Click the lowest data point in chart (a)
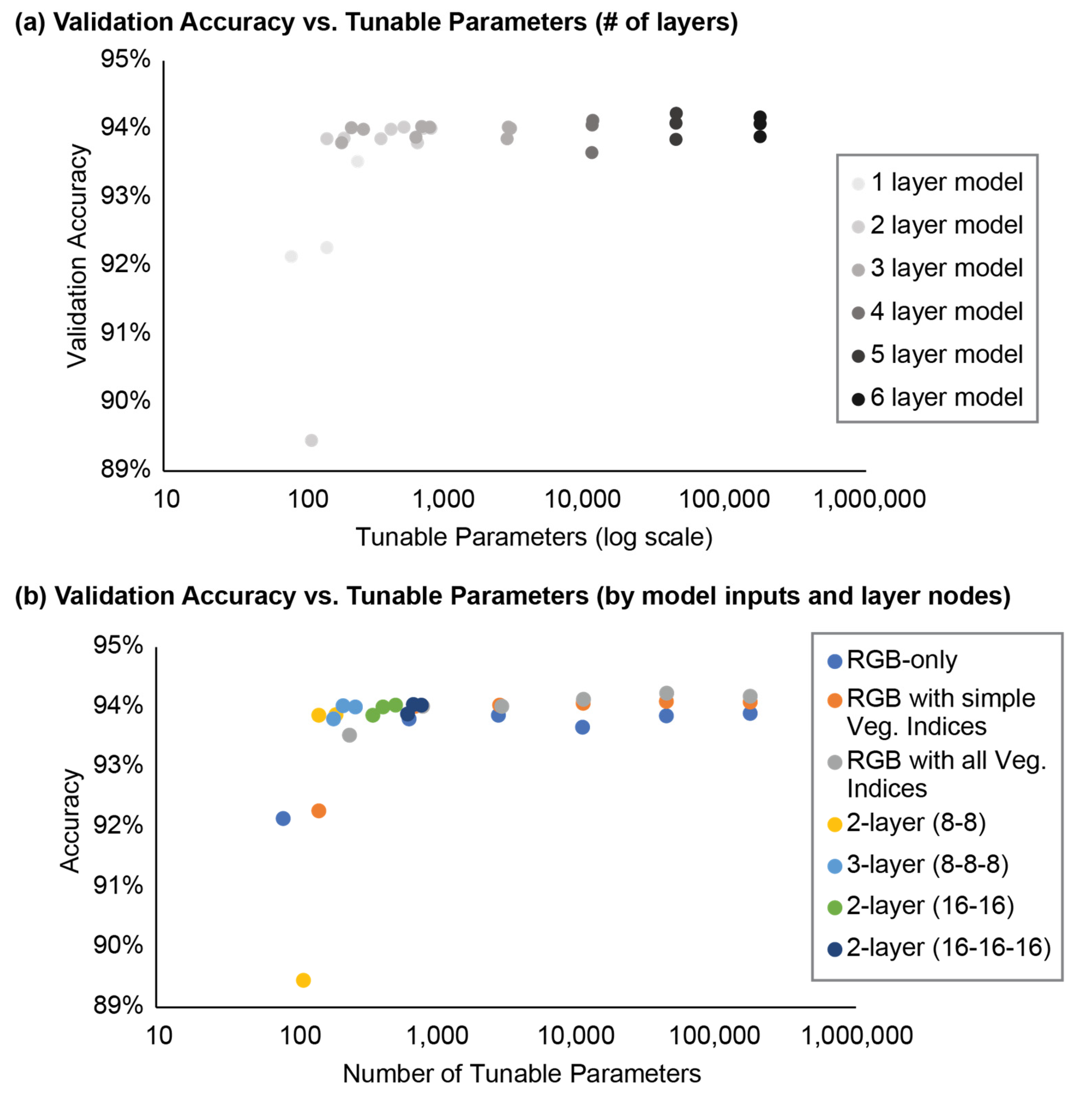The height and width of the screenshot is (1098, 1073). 311,440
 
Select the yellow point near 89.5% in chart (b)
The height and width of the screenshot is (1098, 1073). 303,980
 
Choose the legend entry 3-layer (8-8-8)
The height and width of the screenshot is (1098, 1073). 927,864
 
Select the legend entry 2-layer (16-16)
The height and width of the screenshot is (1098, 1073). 929,906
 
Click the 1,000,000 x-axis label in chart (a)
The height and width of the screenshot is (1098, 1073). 869,499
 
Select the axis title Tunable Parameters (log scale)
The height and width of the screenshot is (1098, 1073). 534,537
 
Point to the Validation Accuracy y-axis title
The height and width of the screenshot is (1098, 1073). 77,256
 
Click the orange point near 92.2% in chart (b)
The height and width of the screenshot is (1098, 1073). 318,811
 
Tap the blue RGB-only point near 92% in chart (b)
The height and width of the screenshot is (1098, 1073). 283,818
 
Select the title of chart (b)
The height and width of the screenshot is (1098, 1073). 512,596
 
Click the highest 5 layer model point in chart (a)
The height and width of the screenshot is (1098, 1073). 676,113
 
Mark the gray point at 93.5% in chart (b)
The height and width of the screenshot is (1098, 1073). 349,735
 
